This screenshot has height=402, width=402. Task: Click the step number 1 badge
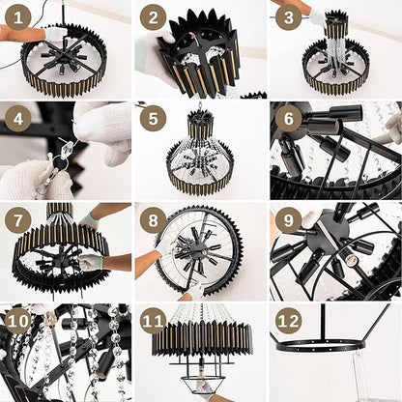(x=18, y=17)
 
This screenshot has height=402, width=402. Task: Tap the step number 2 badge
(x=153, y=17)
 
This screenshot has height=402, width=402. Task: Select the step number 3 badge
(x=288, y=17)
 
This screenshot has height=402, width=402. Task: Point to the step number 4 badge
(x=18, y=119)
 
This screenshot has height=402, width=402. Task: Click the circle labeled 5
(x=153, y=119)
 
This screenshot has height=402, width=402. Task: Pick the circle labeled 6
(x=288, y=119)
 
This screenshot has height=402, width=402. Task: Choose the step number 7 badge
(x=18, y=220)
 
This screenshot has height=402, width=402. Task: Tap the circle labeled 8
(x=153, y=220)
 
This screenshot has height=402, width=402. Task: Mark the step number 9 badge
(x=288, y=220)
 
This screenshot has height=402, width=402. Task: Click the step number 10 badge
(x=18, y=321)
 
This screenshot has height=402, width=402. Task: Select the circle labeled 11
(x=153, y=321)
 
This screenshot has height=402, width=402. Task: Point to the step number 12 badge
(x=288, y=321)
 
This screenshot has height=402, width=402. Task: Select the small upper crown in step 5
(x=200, y=125)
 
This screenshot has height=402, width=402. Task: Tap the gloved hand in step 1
(x=55, y=32)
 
